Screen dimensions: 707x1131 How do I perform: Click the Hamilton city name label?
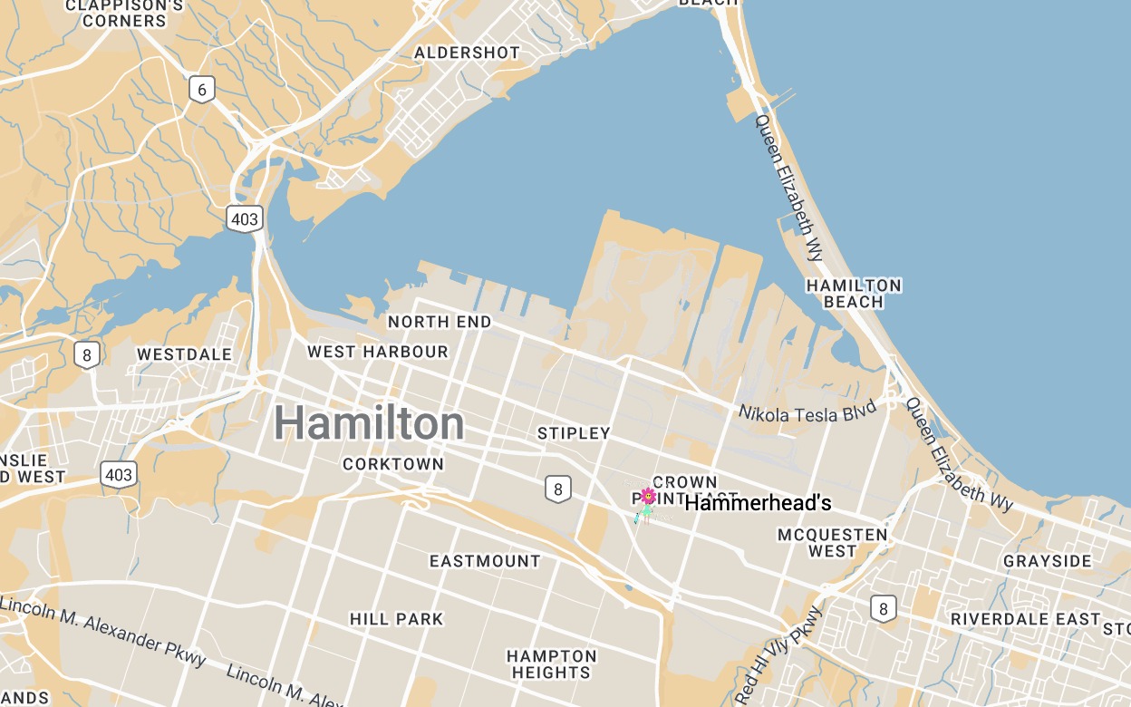point(369,422)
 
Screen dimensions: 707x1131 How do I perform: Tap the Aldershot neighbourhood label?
point(467,53)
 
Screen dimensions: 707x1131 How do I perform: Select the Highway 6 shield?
point(202,88)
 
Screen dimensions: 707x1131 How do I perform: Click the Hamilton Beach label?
point(854,293)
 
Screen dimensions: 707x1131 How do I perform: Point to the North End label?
point(440,322)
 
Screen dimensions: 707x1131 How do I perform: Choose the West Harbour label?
point(378,352)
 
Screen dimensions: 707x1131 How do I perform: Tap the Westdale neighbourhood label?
point(185,353)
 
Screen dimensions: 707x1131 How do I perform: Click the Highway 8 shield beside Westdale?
point(87,354)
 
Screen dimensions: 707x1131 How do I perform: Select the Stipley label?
point(574,433)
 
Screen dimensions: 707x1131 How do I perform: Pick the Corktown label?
point(393,464)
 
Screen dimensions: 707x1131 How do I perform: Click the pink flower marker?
point(647,495)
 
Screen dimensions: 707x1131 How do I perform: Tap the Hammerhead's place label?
point(758,503)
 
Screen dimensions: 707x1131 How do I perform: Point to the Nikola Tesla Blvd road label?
point(807,413)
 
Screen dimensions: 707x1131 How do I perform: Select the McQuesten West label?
point(833,542)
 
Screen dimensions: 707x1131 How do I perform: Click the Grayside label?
point(1047,561)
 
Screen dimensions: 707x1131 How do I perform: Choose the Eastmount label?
point(485,561)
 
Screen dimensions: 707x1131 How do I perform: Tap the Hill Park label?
point(397,619)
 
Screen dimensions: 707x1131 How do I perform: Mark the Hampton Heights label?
point(551,663)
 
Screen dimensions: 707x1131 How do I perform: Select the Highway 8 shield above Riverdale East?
point(883,607)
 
